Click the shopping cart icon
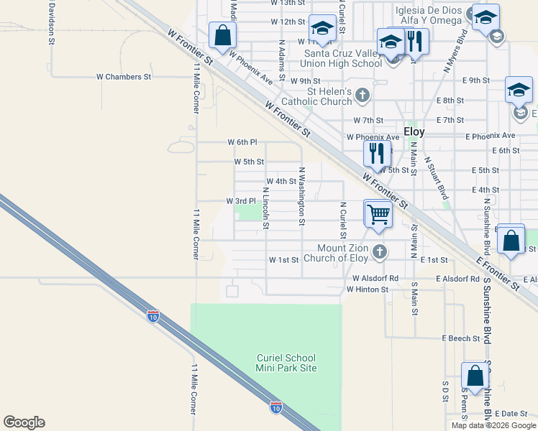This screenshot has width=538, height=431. click(x=378, y=213)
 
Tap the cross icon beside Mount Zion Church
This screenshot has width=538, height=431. click(x=380, y=252)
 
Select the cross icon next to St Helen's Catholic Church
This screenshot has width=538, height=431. click(x=363, y=95)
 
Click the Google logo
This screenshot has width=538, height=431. click(x=24, y=422)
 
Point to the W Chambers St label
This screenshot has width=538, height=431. click(x=124, y=76)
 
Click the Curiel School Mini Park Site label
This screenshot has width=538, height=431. click(x=286, y=363)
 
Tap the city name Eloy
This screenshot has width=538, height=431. click(x=414, y=131)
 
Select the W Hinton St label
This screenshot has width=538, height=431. click(x=367, y=289)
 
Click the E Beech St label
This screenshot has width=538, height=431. click(x=460, y=338)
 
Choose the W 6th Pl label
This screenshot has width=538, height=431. click(x=242, y=142)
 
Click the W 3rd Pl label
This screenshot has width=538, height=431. click(x=241, y=201)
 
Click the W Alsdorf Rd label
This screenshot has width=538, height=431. click(x=375, y=278)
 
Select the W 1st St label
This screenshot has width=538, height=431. click(x=283, y=259)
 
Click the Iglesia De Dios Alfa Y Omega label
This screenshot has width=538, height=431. click(x=429, y=16)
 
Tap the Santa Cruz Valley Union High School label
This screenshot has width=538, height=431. click(x=343, y=58)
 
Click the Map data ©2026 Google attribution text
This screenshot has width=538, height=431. click(x=493, y=425)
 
